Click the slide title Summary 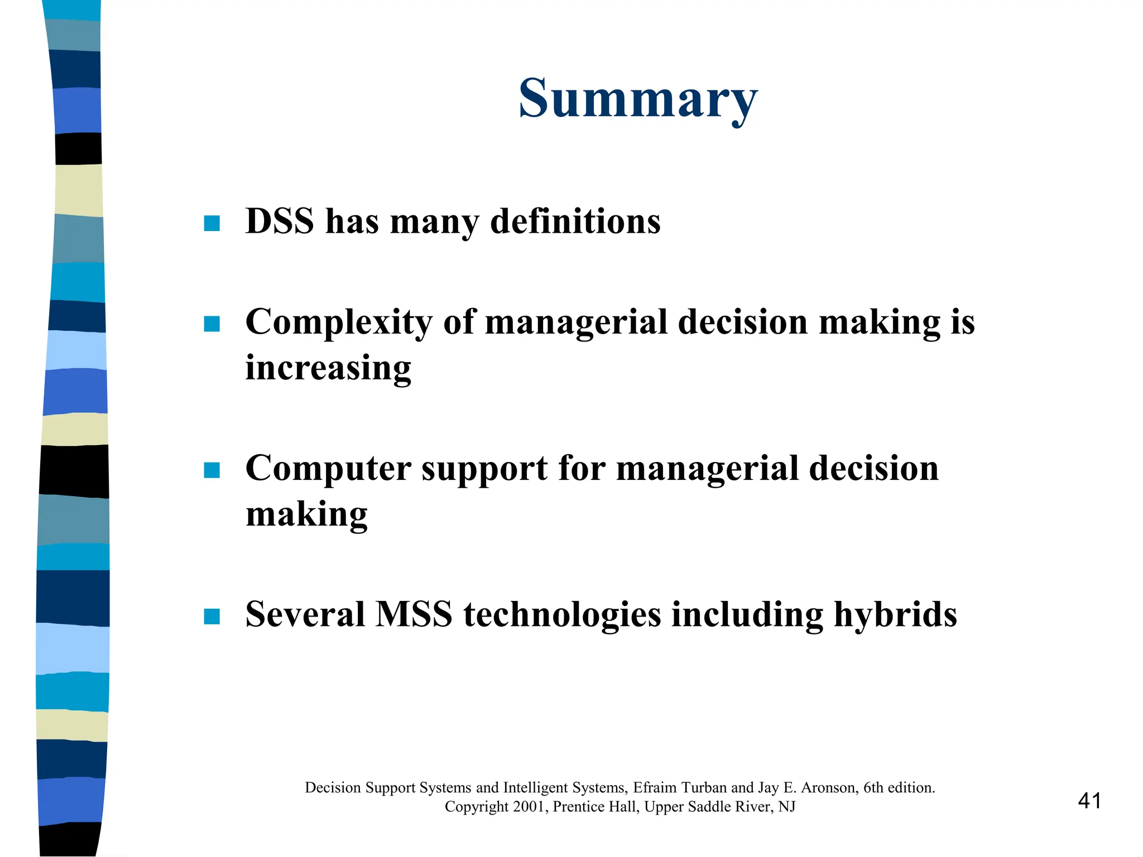[x=638, y=99]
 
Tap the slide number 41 [x=1089, y=801]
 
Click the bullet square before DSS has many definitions [x=212, y=224]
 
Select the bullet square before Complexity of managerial [x=212, y=324]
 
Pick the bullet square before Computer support [x=212, y=470]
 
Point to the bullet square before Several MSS [x=212, y=617]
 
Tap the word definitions [x=575, y=221]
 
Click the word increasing [x=328, y=368]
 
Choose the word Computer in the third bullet [x=328, y=469]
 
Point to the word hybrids [x=895, y=614]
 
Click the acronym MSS [x=414, y=614]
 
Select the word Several [x=305, y=614]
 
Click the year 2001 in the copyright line [x=530, y=807]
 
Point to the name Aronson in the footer [x=829, y=788]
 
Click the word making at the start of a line [x=306, y=514]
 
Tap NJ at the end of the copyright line [x=787, y=807]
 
